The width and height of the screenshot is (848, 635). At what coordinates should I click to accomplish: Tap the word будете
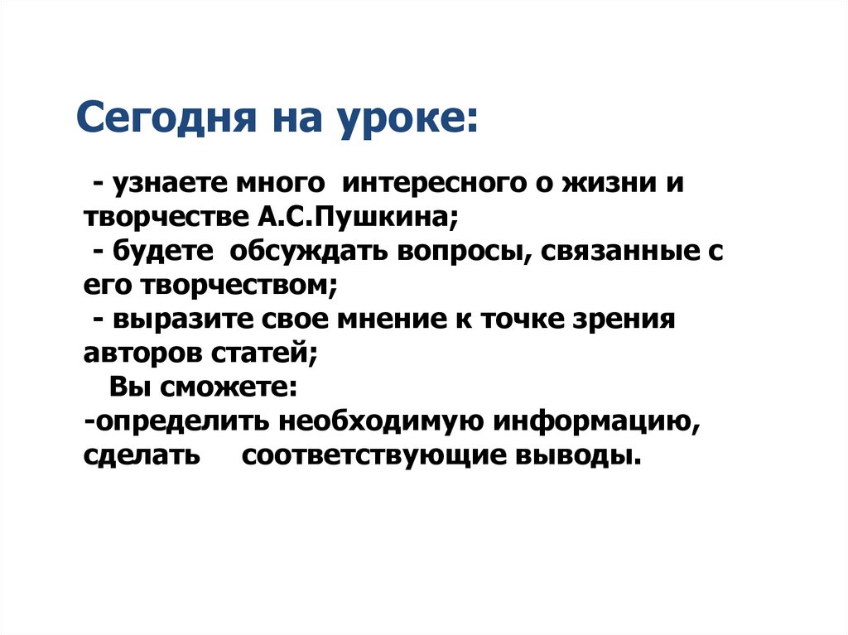[161, 251]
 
